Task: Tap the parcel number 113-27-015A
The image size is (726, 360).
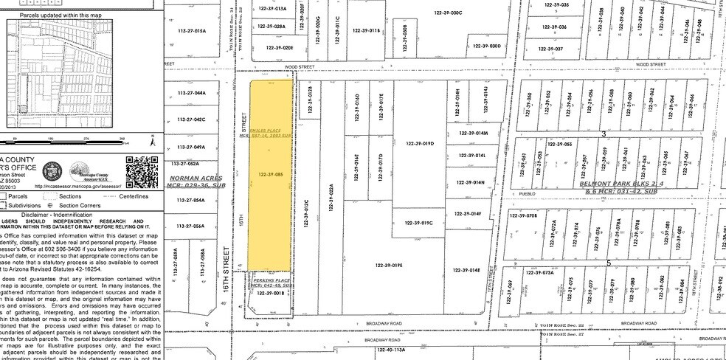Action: pyautogui.click(x=191, y=31)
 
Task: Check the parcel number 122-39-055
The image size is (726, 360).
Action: pyautogui.click(x=564, y=144)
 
